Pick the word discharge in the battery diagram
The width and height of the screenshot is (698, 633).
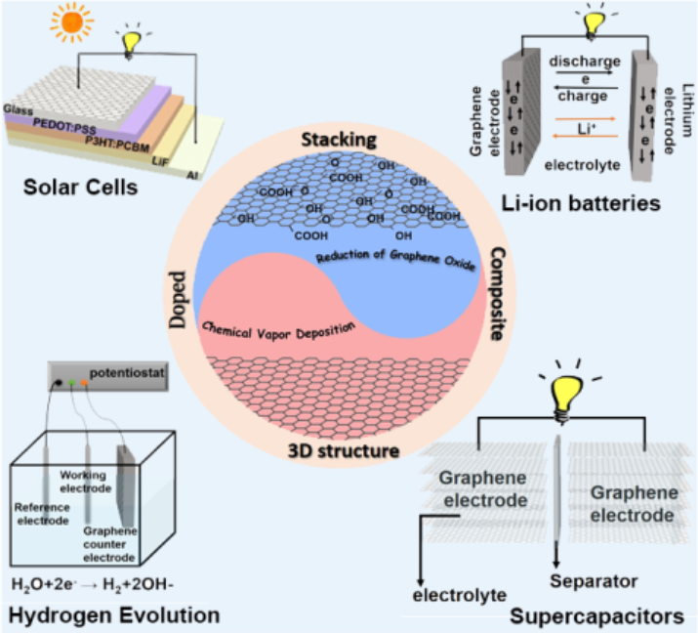click(x=584, y=61)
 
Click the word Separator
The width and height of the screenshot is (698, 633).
click(x=594, y=581)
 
